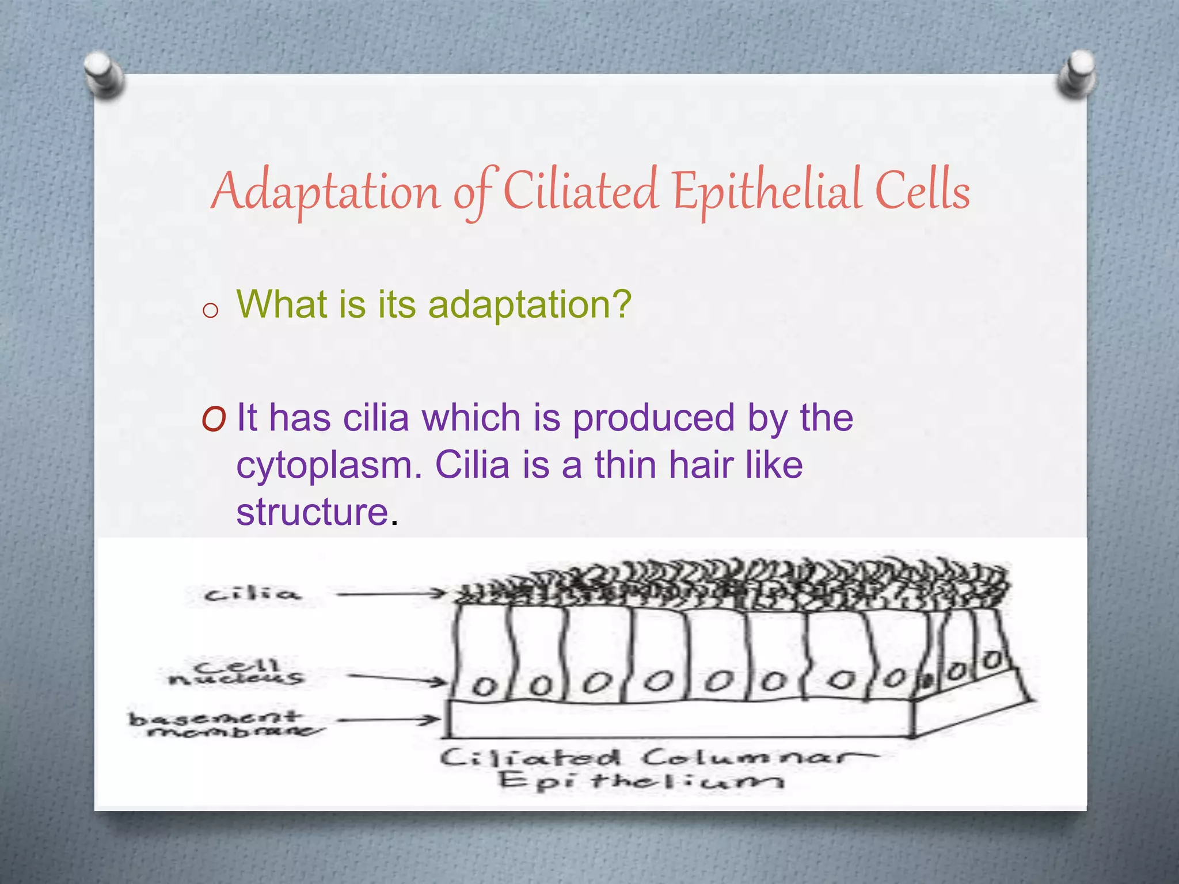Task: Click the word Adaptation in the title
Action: (x=326, y=192)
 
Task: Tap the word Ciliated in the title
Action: (x=580, y=190)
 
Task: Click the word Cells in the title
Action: (x=922, y=190)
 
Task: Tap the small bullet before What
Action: (x=211, y=311)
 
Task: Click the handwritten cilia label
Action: (x=252, y=594)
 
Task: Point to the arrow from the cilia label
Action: (x=391, y=593)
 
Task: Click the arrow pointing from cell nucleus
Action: (x=397, y=679)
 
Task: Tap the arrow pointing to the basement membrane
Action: (x=389, y=720)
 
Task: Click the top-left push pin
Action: (x=104, y=75)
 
